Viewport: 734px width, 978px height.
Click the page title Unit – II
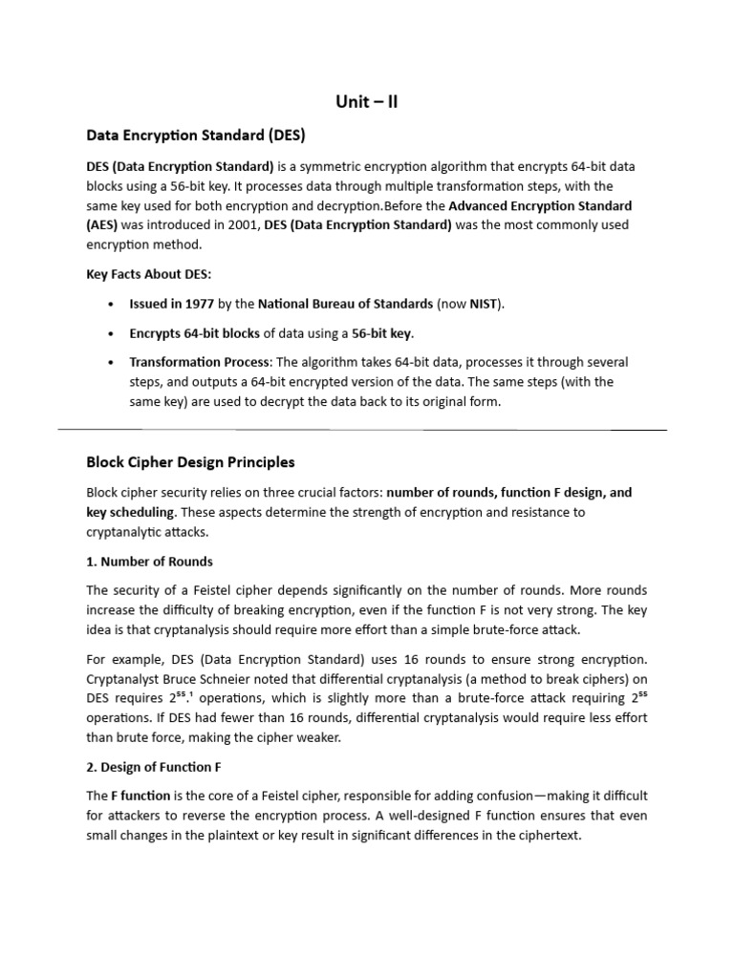tap(366, 102)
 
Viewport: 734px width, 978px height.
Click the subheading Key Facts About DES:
tap(148, 274)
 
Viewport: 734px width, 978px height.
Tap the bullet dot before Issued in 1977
tap(112, 305)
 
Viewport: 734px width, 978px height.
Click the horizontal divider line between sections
tap(366, 430)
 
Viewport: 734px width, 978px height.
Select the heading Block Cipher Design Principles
tap(190, 462)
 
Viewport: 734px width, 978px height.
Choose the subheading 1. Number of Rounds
tap(149, 562)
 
